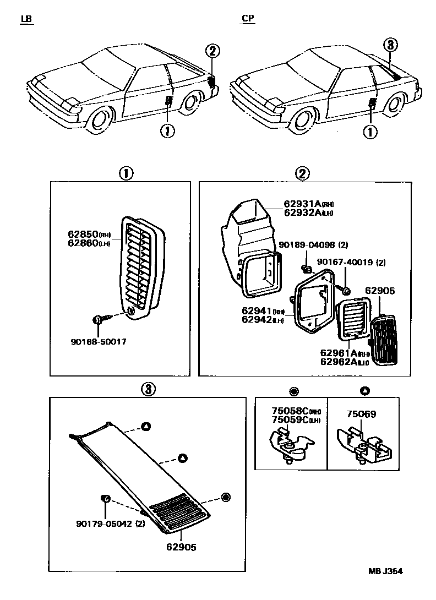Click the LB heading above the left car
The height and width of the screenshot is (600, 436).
[x=26, y=19]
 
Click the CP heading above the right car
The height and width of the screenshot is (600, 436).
[x=248, y=19]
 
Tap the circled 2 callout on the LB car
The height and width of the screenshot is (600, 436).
[x=213, y=51]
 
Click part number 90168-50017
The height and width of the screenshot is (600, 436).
[x=99, y=341]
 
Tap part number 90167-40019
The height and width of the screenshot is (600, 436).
[x=348, y=263]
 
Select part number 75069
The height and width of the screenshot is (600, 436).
[x=361, y=414]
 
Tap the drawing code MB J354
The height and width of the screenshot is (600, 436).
[x=385, y=571]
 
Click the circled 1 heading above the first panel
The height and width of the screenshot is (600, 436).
[x=126, y=174]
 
